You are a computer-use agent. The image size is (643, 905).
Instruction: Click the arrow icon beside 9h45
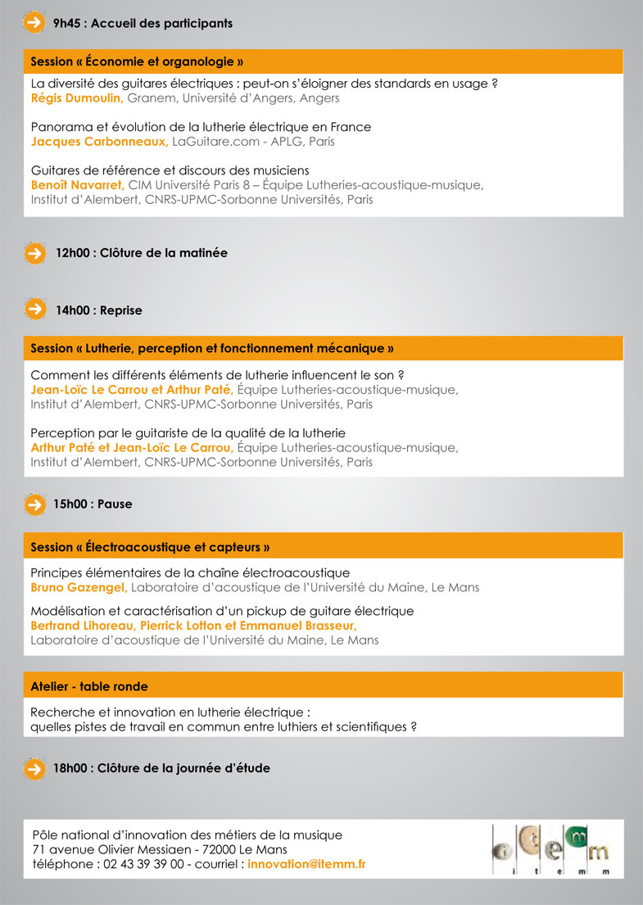tap(34, 23)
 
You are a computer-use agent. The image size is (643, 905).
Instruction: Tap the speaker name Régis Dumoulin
tap(76, 98)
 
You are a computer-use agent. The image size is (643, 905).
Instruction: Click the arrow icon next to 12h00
tap(34, 253)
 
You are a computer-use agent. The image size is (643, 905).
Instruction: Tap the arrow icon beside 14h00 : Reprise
tap(34, 310)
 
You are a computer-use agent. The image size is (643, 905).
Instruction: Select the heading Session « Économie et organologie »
tap(138, 61)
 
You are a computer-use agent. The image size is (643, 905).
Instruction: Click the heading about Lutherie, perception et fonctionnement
tap(212, 349)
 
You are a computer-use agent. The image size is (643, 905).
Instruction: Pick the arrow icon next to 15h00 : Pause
tap(34, 505)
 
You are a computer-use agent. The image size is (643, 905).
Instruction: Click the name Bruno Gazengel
tap(79, 587)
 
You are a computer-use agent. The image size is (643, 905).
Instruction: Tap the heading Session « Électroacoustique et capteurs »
tap(150, 547)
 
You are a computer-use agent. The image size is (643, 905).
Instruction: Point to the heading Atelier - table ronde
tap(89, 686)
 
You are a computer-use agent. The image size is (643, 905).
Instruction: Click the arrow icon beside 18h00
tap(34, 768)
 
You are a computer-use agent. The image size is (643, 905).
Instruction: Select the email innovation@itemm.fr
tap(306, 864)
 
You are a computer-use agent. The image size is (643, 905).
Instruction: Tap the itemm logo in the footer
tap(551, 849)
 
